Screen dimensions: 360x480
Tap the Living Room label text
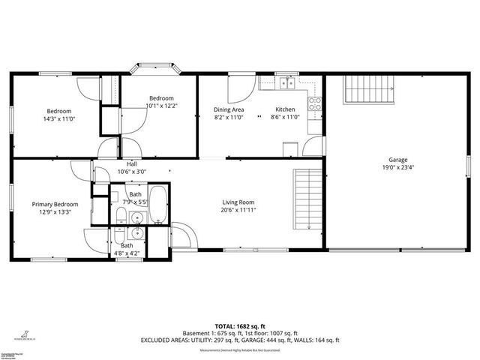[238, 202]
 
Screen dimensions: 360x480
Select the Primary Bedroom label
[55, 204]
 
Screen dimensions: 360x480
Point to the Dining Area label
[229, 109]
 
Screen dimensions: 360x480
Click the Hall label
[132, 164]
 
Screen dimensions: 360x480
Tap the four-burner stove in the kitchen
[316, 103]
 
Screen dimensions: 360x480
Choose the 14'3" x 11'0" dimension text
[58, 118]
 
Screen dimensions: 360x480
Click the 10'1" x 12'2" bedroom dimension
[161, 106]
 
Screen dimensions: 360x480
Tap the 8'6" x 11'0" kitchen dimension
[285, 117]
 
